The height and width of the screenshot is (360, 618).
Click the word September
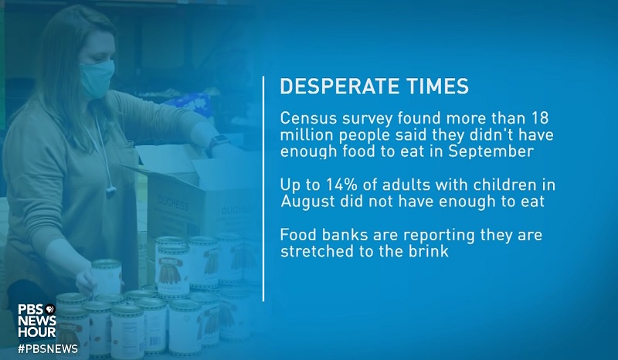coord(494,151)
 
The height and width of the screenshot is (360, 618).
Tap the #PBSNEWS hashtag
coord(47,348)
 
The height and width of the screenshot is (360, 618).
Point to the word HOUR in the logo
coord(36,333)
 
